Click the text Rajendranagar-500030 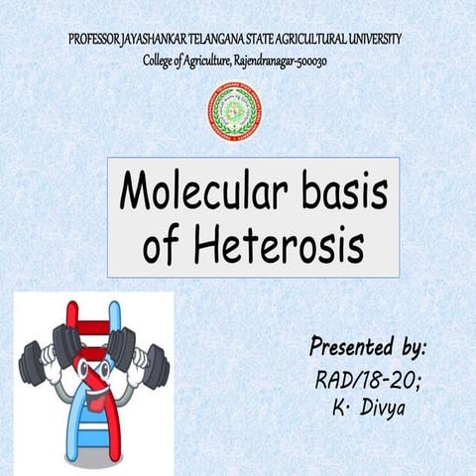point(284,60)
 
